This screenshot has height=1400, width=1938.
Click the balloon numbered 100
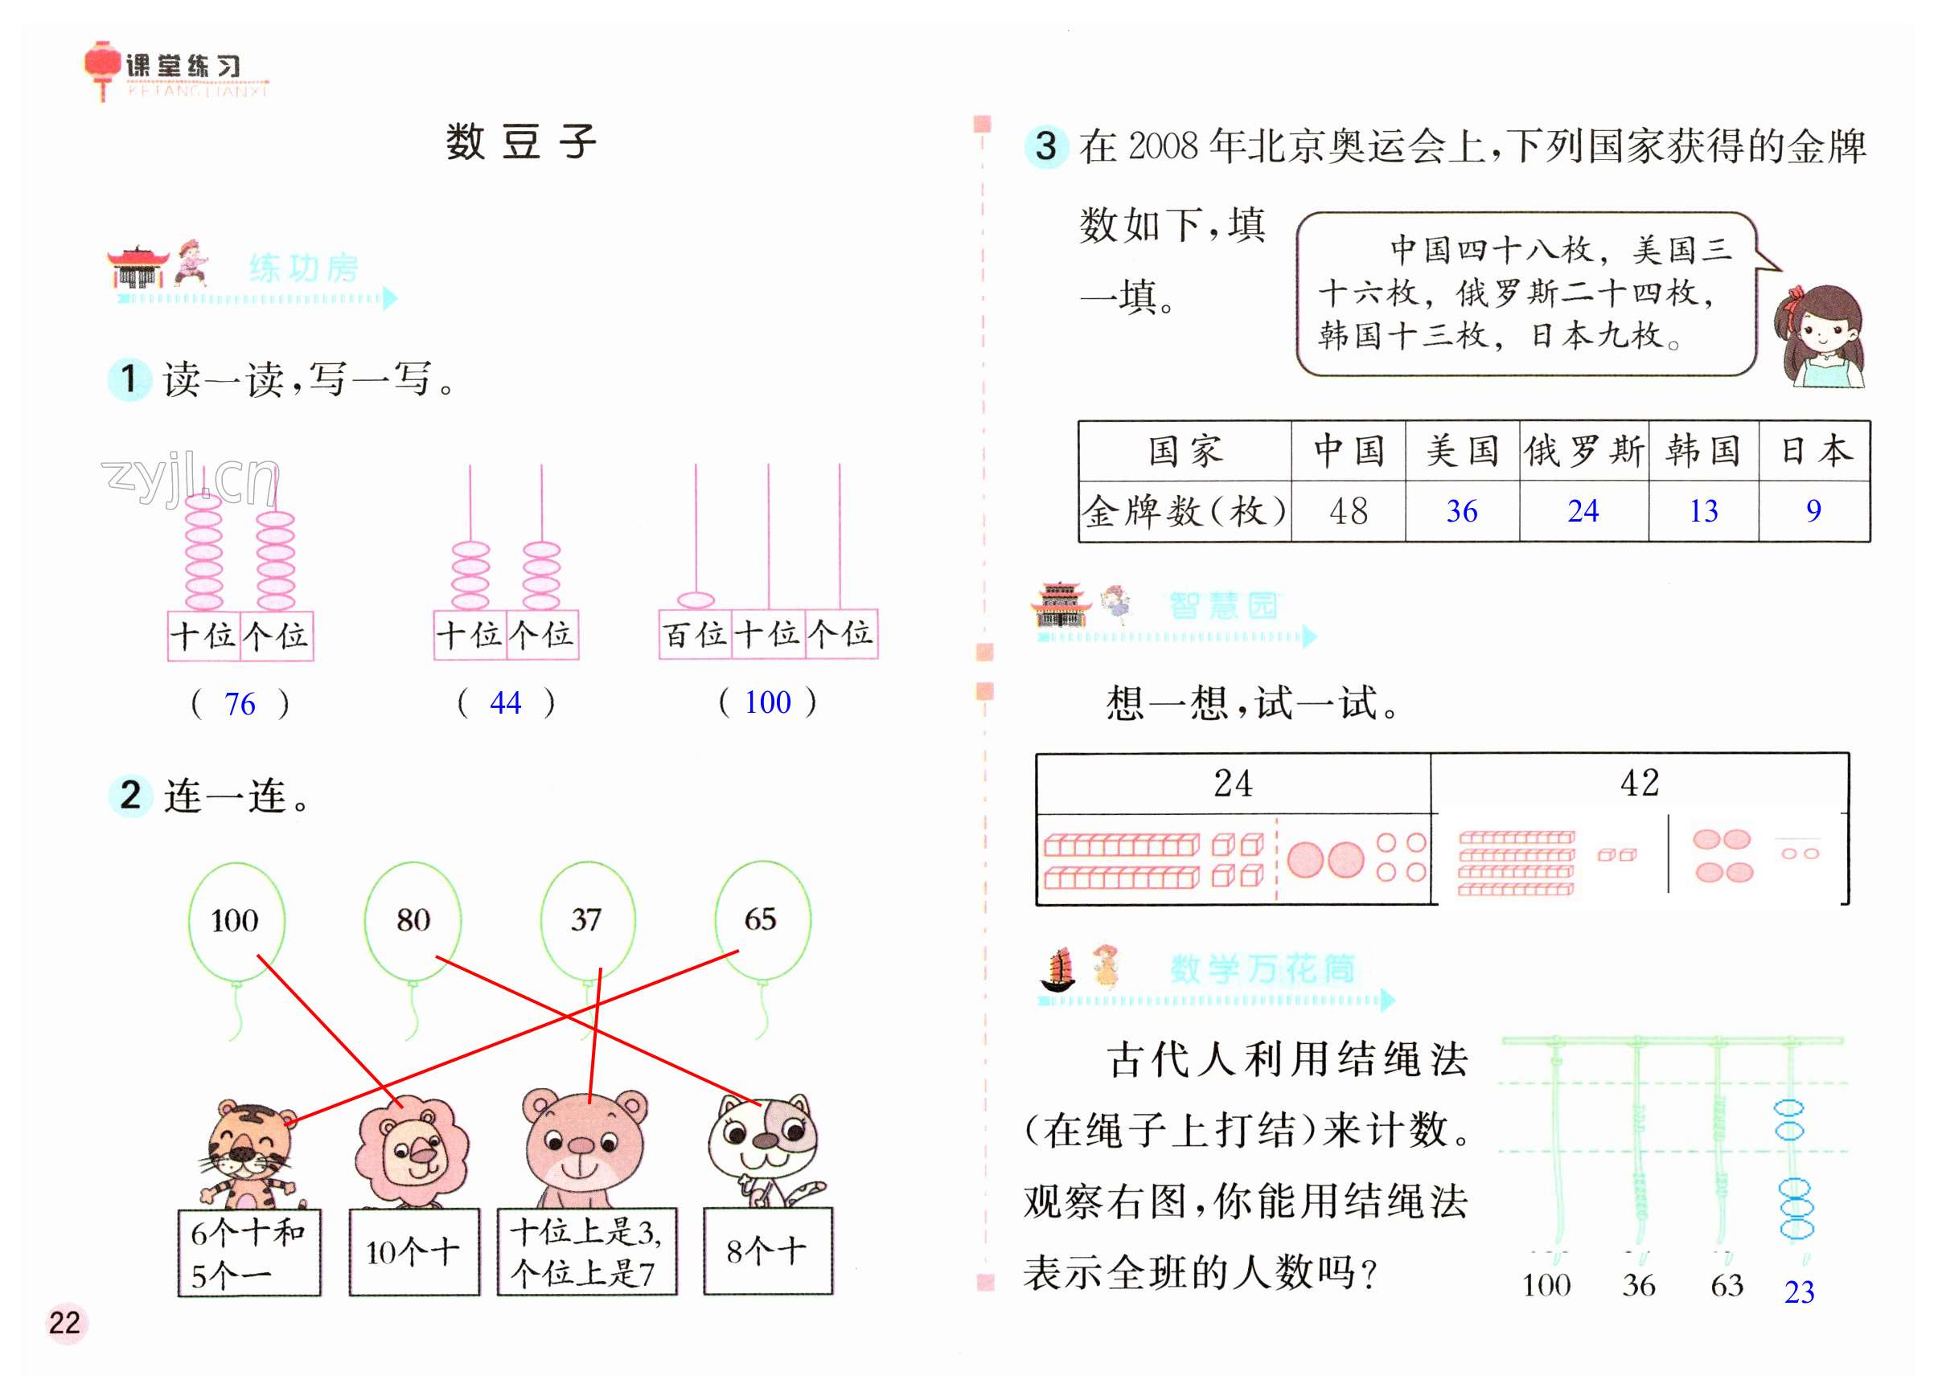tap(235, 920)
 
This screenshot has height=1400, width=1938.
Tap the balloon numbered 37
tap(586, 920)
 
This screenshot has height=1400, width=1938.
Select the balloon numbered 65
tap(761, 919)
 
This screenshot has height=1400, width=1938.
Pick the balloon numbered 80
tap(413, 920)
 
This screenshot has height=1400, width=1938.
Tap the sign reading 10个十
tap(413, 1252)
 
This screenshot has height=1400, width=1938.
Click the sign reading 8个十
tap(766, 1251)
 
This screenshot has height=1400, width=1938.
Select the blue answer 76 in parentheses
tap(240, 704)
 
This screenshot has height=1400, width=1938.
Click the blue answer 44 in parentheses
tap(505, 703)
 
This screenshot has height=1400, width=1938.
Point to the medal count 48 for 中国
tap(1348, 512)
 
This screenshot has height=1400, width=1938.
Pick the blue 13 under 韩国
tap(1702, 511)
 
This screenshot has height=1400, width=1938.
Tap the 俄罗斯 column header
tap(1583, 450)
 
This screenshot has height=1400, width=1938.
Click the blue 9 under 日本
tap(1813, 511)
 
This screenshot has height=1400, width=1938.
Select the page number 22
tap(64, 1322)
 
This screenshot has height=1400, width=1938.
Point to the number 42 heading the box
tap(1639, 783)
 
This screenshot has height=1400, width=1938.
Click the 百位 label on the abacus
tap(694, 635)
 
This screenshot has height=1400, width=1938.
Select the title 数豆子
tap(520, 141)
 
